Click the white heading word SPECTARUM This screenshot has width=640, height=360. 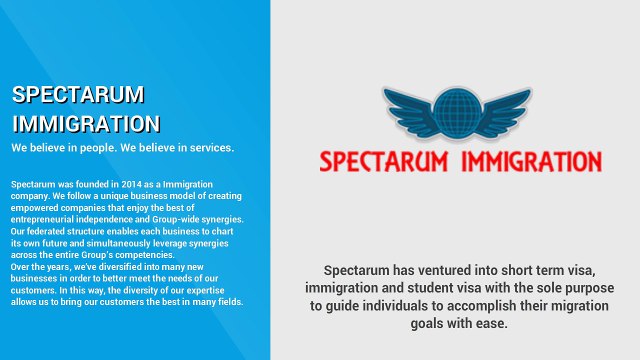78,95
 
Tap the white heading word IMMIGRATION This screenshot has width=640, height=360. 86,124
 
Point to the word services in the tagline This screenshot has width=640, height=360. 207,148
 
